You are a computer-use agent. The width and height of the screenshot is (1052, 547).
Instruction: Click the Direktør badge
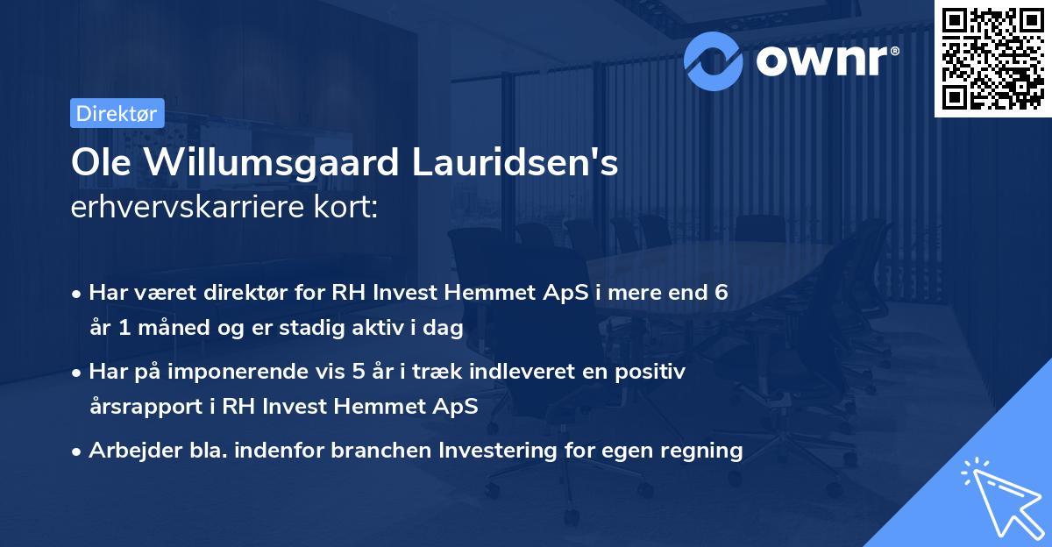point(117,114)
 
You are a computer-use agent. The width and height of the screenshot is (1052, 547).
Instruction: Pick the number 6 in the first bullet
point(720,293)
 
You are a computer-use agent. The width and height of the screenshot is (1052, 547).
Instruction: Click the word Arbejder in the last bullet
point(128,451)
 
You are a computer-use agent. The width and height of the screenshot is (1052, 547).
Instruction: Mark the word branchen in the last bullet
point(365,451)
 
